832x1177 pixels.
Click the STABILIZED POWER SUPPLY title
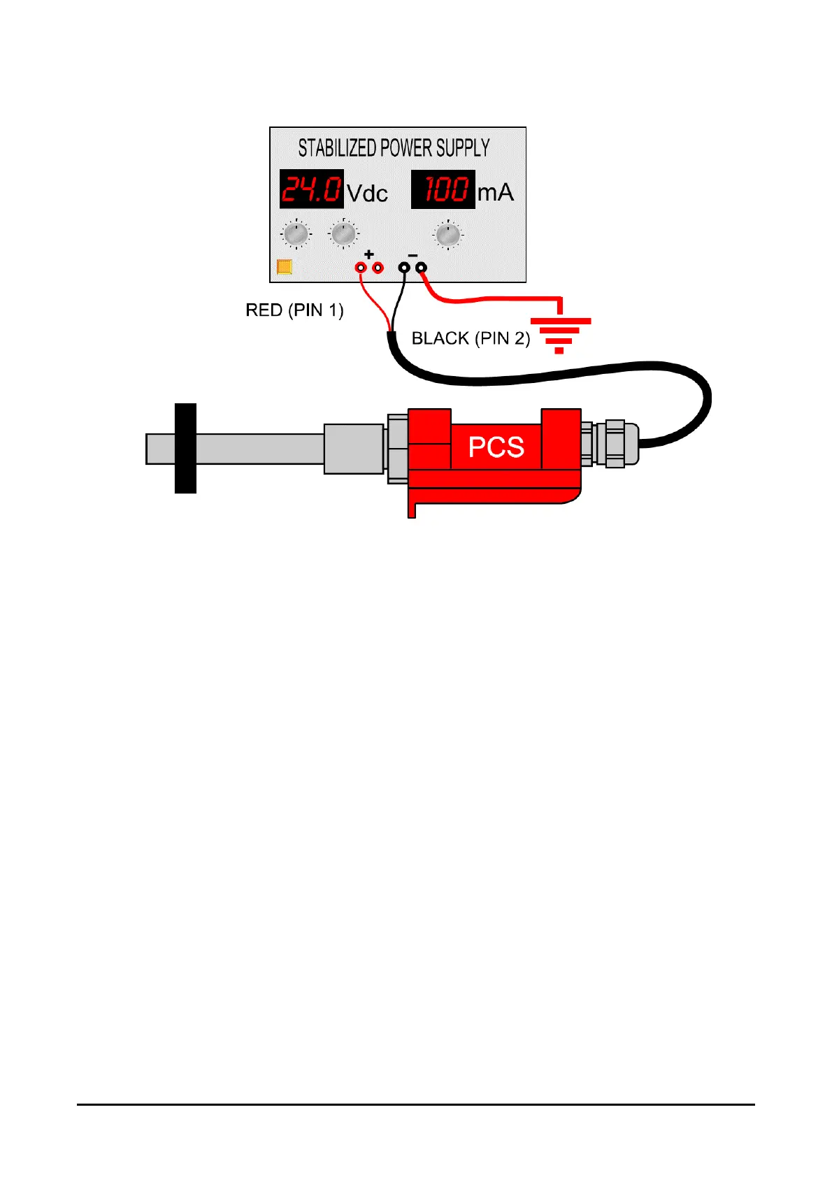pyautogui.click(x=394, y=148)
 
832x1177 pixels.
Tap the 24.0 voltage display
pyautogui.click(x=311, y=189)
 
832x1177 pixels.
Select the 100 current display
pyautogui.click(x=443, y=189)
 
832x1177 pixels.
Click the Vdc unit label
pyautogui.click(x=367, y=193)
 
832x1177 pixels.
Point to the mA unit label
pyautogui.click(x=495, y=192)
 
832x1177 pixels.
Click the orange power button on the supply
pyautogui.click(x=285, y=266)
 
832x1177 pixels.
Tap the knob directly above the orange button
pyautogui.click(x=296, y=234)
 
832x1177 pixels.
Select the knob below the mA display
pyautogui.click(x=447, y=234)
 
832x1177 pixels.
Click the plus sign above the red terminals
pyautogui.click(x=369, y=254)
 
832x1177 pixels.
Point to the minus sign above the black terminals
pyautogui.click(x=413, y=254)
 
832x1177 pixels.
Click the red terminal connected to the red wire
pyautogui.click(x=361, y=267)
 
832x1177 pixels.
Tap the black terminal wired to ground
pyautogui.click(x=421, y=267)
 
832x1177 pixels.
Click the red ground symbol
pyautogui.click(x=560, y=332)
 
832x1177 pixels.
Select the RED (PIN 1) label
pyautogui.click(x=294, y=310)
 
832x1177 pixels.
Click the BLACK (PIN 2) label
pyautogui.click(x=471, y=338)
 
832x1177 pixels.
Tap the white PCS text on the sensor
pyautogui.click(x=496, y=447)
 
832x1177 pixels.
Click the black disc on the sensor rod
pyautogui.click(x=185, y=448)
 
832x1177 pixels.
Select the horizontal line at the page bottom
pyautogui.click(x=415, y=1104)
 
